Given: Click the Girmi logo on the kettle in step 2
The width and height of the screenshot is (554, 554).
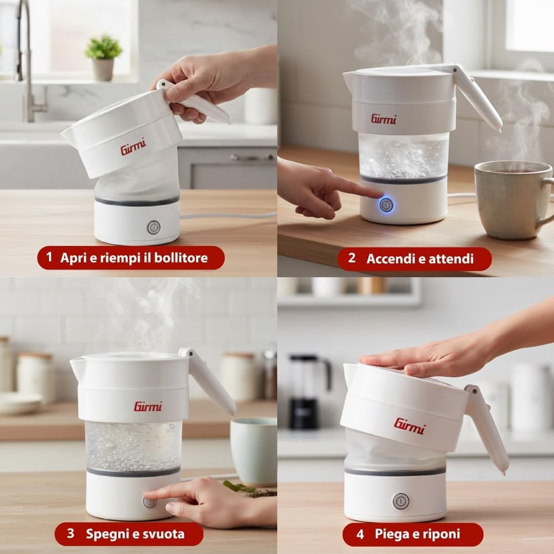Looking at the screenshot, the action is [384, 119].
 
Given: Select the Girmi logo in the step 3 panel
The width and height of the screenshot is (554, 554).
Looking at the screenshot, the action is [148, 407].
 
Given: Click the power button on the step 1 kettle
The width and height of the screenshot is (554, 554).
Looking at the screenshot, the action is [154, 228].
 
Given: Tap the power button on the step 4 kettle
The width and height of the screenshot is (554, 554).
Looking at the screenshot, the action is [401, 501].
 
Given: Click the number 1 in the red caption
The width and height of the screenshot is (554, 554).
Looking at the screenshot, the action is [49, 257].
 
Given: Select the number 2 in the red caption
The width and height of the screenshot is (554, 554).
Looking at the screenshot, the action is [352, 258].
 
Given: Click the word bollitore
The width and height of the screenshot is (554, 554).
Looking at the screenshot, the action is [181, 258].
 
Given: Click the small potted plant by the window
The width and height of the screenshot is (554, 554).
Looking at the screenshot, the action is [103, 58].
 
